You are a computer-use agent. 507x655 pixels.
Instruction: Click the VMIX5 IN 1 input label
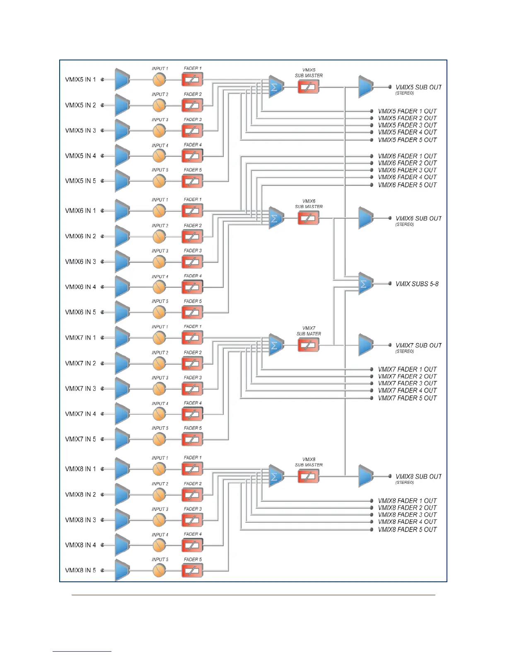(80, 79)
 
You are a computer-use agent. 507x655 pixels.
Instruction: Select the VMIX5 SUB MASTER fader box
(308, 87)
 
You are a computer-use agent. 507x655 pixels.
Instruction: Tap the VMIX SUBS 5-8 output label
(417, 284)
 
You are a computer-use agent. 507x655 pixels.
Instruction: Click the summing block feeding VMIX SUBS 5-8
(366, 284)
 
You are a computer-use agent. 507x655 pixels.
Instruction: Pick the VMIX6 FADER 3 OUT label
(407, 170)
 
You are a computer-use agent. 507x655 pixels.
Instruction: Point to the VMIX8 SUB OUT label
(418, 476)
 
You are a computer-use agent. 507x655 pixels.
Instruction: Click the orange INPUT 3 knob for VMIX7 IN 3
(159, 389)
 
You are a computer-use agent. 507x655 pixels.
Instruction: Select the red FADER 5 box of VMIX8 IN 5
(192, 571)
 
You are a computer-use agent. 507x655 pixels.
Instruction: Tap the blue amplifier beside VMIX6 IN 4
(122, 287)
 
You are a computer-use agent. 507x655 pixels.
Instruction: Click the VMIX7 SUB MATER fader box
(308, 345)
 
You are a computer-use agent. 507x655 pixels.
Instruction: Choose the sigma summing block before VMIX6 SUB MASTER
(276, 218)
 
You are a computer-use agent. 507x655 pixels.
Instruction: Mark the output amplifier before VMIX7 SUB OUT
(366, 345)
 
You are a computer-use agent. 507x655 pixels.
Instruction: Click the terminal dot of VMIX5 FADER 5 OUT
(372, 140)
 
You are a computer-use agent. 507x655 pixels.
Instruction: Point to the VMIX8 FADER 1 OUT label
(407, 500)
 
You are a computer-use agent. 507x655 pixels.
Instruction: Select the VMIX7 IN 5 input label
(80, 439)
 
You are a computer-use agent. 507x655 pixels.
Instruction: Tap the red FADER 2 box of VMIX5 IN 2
(192, 105)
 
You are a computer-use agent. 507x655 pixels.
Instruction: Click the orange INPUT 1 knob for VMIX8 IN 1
(159, 469)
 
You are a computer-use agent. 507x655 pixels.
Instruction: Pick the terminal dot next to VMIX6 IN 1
(102, 211)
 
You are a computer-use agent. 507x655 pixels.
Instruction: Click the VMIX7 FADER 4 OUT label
(407, 390)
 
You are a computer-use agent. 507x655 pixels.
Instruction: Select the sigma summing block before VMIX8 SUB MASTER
(276, 476)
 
